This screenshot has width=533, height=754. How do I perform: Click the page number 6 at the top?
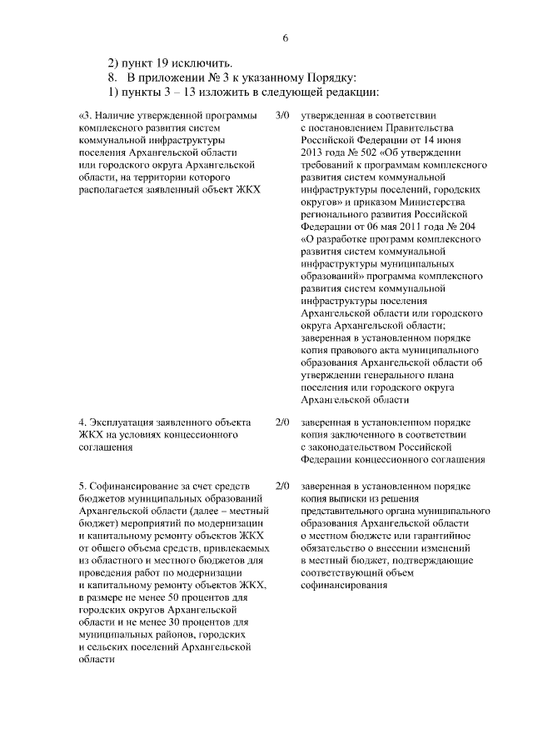point(285,38)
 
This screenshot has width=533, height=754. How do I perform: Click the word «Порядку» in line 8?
point(326,77)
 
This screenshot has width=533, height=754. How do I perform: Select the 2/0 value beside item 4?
point(281,422)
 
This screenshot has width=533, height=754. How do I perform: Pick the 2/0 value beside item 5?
point(281,485)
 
